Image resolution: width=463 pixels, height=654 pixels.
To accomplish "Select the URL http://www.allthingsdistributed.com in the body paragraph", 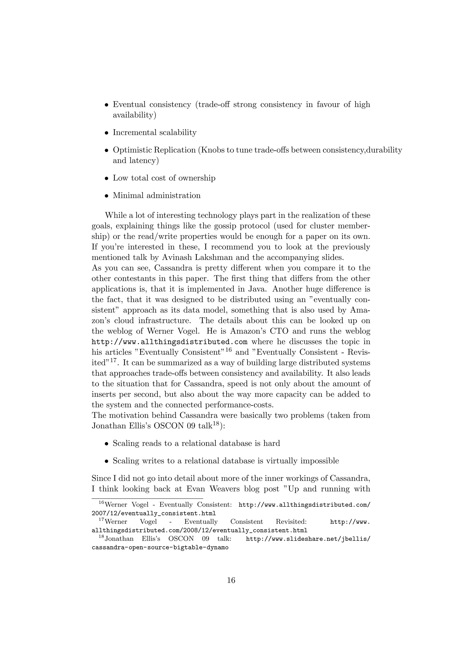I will [x=169, y=341].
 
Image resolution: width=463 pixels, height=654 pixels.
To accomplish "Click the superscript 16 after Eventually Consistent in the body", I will [x=228, y=350].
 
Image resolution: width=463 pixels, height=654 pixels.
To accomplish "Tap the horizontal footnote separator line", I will [x=147, y=498].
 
